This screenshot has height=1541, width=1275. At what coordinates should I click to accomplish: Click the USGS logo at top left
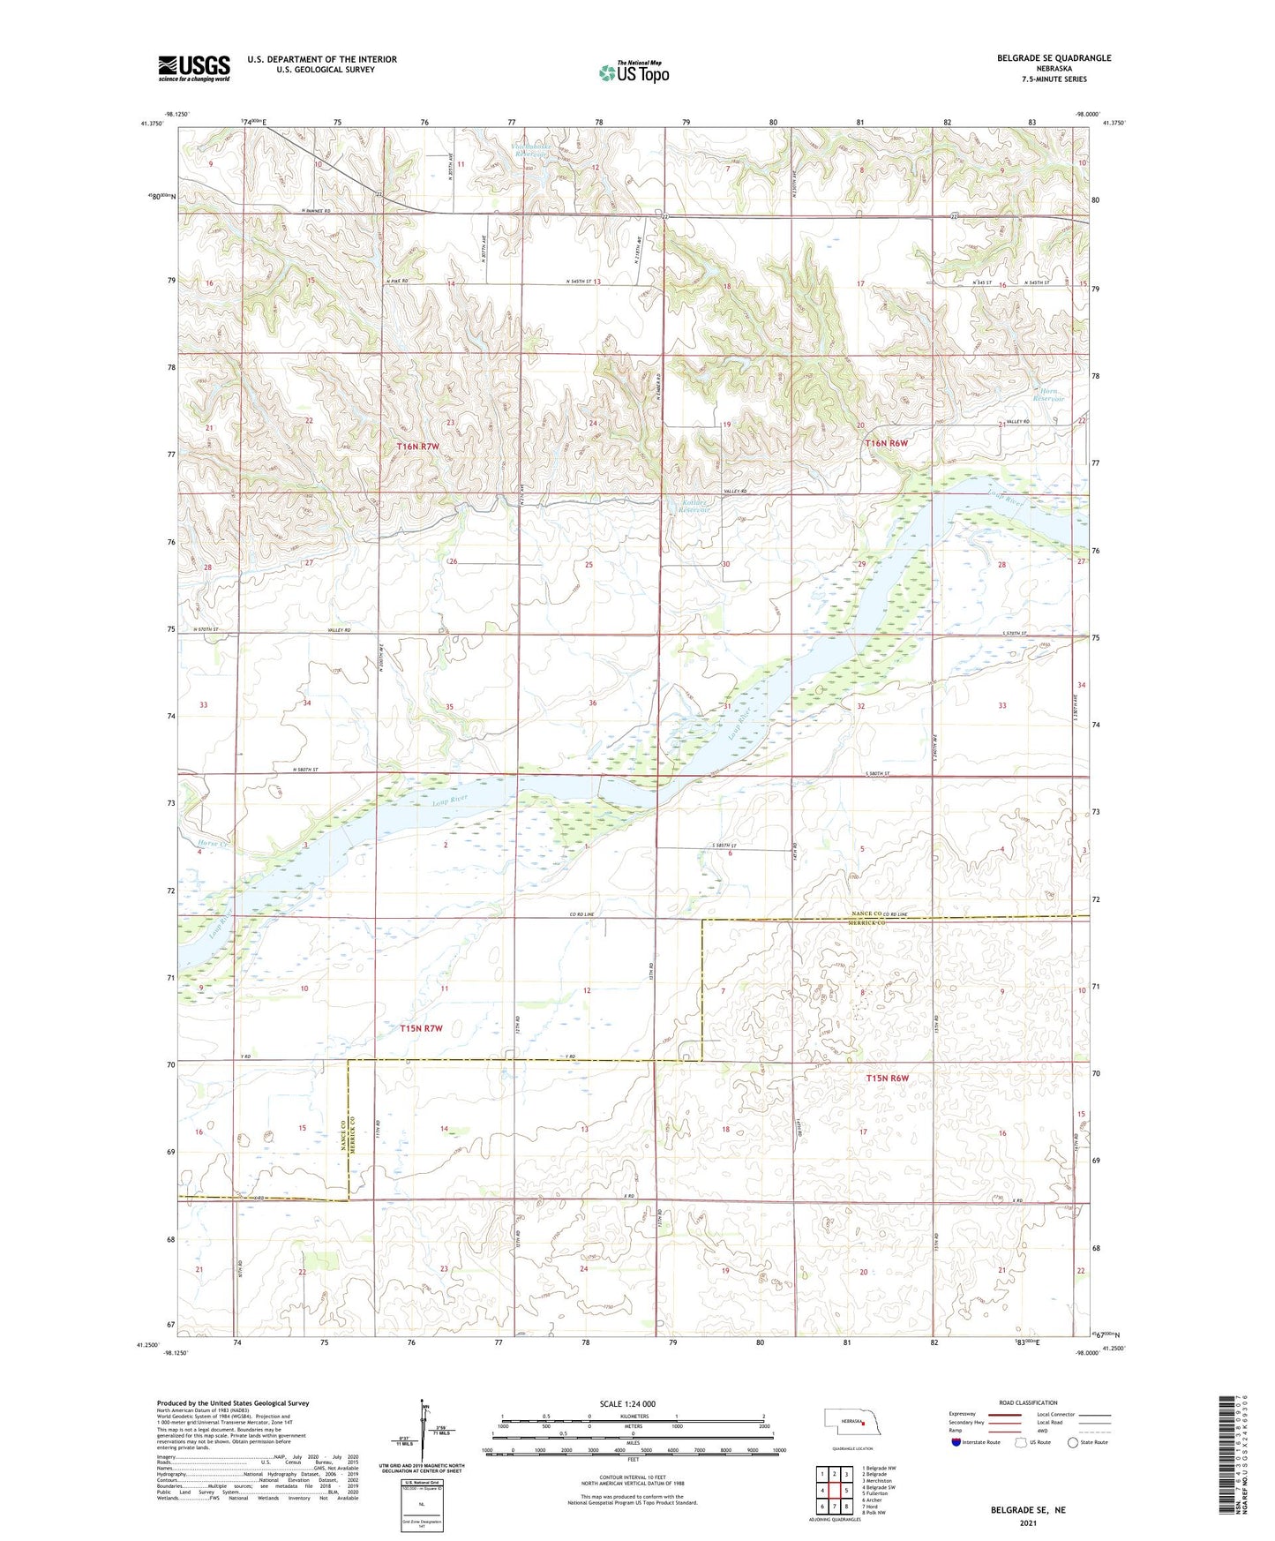coord(194,67)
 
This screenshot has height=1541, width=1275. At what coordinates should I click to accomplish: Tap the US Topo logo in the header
coord(634,72)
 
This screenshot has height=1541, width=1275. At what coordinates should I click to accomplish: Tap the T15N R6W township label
coord(887,1079)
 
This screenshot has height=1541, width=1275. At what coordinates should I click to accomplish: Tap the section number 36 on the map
coord(592,703)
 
